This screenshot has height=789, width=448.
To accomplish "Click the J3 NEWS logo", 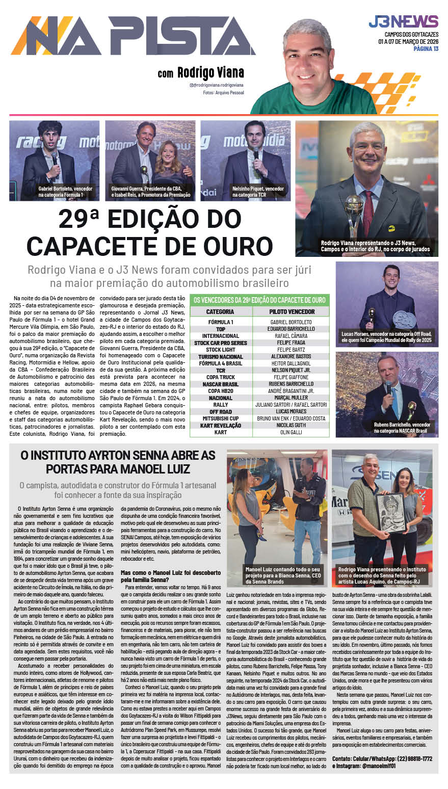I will click(x=403, y=22).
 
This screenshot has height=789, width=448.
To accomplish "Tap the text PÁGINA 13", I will click(x=426, y=49).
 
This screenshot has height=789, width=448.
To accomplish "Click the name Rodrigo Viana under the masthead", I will click(x=210, y=73).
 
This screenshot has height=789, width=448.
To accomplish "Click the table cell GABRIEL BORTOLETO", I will click(x=291, y=322).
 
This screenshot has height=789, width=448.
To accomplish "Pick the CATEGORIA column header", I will click(x=220, y=311).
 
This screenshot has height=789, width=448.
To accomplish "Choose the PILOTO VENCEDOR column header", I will click(x=291, y=311).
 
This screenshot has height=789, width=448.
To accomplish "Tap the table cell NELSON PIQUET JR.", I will click(x=291, y=371).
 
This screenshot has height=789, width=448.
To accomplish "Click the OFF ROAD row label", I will click(x=220, y=412).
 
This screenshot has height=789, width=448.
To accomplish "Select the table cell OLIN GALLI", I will click(x=291, y=432).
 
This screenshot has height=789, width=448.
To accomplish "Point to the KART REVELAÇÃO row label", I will click(x=220, y=426).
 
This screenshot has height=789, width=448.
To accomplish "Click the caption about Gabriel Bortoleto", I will click(x=65, y=192).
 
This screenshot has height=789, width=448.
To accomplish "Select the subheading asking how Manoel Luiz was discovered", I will click(x=171, y=576).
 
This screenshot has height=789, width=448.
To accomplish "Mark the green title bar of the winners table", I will click(x=259, y=300).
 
